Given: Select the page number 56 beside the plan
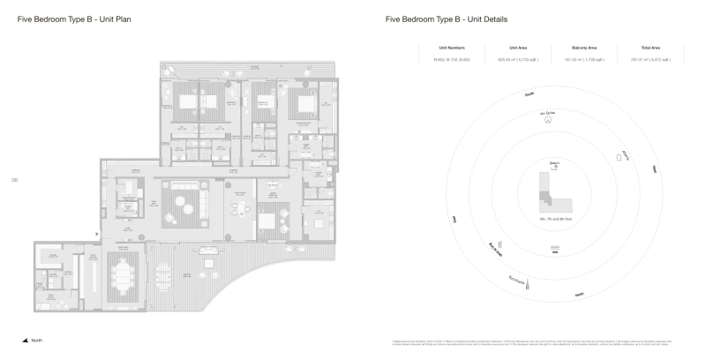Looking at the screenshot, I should [15, 179].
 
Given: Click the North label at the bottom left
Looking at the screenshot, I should [36, 341].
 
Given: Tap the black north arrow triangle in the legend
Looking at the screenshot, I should [25, 341].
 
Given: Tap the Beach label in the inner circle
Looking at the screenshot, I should [554, 161].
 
